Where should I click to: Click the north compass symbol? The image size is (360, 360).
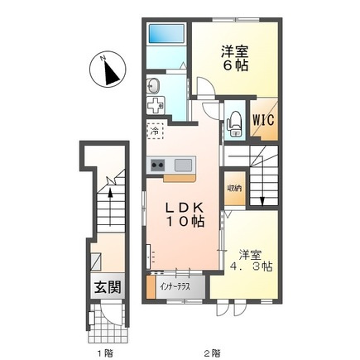(x=108, y=70)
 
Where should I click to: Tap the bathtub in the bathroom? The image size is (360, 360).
(x=166, y=34)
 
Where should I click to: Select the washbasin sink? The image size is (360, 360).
(x=152, y=86)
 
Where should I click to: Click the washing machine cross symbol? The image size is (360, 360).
(x=156, y=105)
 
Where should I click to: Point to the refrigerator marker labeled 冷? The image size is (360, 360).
(x=156, y=131)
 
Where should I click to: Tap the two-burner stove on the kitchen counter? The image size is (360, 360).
(x=157, y=165)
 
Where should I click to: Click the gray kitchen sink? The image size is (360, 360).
(x=183, y=165)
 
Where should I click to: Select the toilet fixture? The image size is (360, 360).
(x=234, y=122)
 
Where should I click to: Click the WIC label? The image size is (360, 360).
(x=263, y=120)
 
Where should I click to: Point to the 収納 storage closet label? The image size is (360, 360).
(x=234, y=189)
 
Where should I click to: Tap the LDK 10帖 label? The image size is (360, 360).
(x=185, y=214)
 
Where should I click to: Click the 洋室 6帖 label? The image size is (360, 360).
(x=235, y=59)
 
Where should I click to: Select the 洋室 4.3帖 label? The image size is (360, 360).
(x=252, y=261)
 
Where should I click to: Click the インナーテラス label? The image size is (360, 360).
(x=175, y=287)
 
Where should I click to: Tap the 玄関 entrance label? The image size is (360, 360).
(x=108, y=288)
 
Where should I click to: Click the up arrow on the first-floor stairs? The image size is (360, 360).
(x=110, y=207)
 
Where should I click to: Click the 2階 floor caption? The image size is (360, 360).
(x=212, y=353)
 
